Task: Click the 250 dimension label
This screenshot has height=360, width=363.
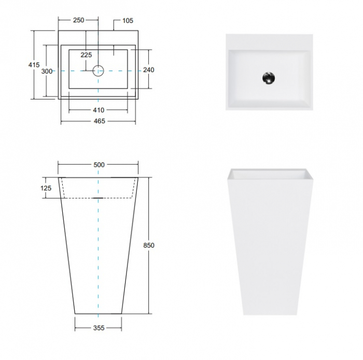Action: point(78,20)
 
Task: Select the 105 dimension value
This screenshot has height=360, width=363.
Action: point(128,21)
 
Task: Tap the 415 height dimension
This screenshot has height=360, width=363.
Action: point(34,65)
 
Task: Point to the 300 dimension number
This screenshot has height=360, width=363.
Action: point(47,71)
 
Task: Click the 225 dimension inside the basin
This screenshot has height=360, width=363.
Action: point(86,55)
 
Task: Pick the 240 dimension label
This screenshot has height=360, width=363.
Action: point(148,70)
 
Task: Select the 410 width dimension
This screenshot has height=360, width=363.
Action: point(99,110)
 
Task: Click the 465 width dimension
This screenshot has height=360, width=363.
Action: point(99,121)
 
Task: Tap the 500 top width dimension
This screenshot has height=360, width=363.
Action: point(99,165)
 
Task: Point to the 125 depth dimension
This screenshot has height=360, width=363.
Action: point(46,188)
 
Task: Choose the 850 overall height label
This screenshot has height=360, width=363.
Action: point(149,246)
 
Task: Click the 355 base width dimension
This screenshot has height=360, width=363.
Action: point(99,328)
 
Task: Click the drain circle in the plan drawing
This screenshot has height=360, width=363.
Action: point(99,70)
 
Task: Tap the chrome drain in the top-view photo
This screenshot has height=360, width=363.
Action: point(268,78)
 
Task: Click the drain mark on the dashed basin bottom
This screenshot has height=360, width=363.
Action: point(99,198)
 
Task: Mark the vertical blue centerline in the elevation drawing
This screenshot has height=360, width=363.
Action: point(99,259)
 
